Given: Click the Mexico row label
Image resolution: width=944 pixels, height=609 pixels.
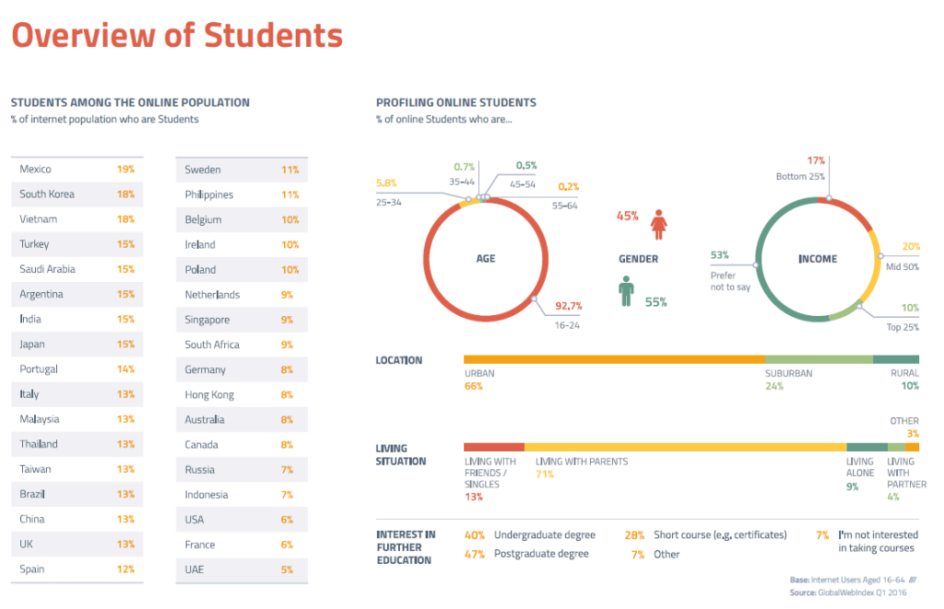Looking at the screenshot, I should point(35,170).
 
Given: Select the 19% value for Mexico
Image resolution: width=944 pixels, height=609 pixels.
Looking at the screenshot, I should point(125,170).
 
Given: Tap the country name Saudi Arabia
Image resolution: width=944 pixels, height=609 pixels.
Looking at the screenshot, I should point(47,269).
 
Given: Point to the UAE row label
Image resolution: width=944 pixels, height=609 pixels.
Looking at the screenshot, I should point(195,569).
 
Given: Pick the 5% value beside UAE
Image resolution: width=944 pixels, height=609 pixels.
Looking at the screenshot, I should point(287,569).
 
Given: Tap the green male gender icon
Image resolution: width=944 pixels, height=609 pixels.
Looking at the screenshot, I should point(627,291).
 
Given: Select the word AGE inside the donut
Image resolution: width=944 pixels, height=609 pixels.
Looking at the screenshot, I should point(486,259).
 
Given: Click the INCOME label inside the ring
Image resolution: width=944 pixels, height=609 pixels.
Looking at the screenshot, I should point(818,259).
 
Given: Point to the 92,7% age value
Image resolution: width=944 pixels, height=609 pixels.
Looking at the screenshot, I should point(568,305).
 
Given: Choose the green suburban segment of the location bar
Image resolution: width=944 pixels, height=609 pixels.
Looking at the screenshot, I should point(818,359).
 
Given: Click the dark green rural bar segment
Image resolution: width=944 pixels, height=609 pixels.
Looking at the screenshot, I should point(895,359).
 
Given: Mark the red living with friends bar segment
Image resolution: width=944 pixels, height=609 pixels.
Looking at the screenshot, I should point(493,447).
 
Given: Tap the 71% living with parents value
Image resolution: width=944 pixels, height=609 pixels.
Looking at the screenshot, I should point(545,474).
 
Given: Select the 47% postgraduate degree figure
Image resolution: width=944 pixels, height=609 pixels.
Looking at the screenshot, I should point(475,554).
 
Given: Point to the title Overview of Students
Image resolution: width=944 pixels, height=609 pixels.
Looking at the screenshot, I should point(176,36).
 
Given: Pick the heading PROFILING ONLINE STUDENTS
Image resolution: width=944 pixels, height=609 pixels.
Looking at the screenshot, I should point(455,103).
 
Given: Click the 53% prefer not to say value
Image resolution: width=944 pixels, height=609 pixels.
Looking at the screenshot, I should point(720,255).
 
